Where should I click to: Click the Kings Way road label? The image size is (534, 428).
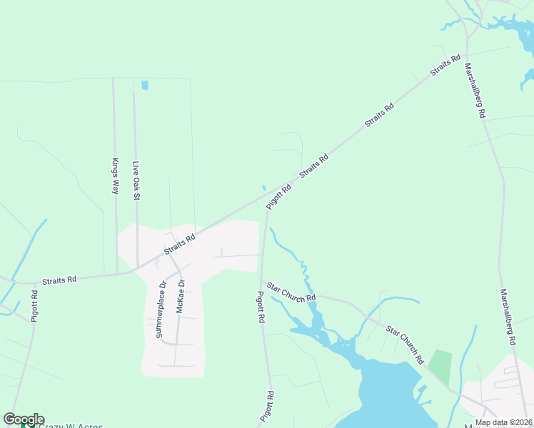[x=114, y=176]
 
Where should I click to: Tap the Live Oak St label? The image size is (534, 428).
[x=136, y=180]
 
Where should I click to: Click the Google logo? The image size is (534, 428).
[x=23, y=419]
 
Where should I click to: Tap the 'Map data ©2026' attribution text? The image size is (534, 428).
[x=503, y=422]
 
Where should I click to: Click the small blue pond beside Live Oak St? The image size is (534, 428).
[x=145, y=85]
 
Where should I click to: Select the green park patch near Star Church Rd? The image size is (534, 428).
[x=440, y=366]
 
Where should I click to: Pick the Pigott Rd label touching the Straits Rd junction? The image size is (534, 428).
[x=278, y=197]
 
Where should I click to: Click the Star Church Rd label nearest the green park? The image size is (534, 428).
[x=405, y=345]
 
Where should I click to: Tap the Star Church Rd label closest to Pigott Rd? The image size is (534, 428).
[x=291, y=292]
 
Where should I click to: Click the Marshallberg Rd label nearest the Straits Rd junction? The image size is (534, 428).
[x=475, y=91]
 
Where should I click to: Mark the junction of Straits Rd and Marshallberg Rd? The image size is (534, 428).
[x=465, y=54]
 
